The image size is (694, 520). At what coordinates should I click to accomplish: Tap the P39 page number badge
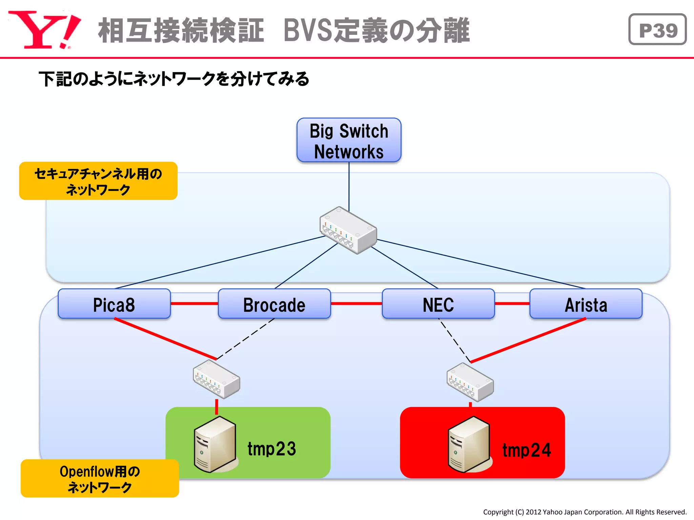pos(657,30)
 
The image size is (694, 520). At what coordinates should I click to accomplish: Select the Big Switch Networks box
pos(349,140)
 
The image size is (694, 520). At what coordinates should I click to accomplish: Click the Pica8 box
pos(114,304)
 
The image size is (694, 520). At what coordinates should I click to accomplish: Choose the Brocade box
pos(274,304)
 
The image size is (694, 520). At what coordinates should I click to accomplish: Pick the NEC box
pos(438,304)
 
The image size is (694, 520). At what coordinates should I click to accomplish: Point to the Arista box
pos(586,304)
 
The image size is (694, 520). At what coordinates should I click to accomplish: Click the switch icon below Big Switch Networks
pos(348,230)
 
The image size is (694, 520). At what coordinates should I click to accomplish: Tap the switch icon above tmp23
pos(217,379)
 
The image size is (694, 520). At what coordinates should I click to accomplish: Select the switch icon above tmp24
pos(470,382)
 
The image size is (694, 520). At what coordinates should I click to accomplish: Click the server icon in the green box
pos(215,444)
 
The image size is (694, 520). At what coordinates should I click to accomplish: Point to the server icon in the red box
pos(469,444)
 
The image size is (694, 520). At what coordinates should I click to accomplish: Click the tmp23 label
pos(272,449)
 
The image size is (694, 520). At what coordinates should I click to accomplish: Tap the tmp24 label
pos(526,450)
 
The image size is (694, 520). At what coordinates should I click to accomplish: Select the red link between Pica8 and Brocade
pos(194,303)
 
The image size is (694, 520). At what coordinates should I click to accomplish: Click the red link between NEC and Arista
pos(512,303)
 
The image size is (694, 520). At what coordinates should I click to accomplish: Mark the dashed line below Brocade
pos(245,339)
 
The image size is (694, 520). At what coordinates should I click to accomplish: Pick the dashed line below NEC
pos(454,340)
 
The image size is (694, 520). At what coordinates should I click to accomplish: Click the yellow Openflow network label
pos(100,478)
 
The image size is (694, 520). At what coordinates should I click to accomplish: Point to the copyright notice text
pos(585,512)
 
